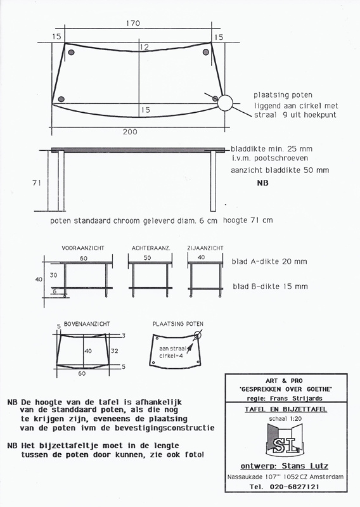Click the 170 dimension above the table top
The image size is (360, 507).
[x=133, y=23]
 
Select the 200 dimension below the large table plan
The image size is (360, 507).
[x=130, y=132]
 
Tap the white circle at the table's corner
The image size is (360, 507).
[x=225, y=103]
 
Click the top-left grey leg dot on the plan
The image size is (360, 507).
[x=71, y=52]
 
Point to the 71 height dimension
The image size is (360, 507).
[x=37, y=183]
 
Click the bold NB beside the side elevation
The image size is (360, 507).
[x=262, y=183]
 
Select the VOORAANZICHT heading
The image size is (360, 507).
[x=83, y=248]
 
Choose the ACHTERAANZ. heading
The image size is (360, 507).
[x=151, y=248]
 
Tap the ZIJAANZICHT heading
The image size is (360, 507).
[x=205, y=248]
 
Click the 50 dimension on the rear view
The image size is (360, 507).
[x=147, y=258]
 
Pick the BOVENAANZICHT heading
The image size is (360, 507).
[x=87, y=324]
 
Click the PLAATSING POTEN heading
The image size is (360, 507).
[x=178, y=324]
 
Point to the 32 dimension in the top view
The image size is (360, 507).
[x=114, y=351]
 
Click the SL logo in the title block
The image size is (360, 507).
[x=285, y=440]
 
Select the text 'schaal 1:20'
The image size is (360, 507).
[x=285, y=419]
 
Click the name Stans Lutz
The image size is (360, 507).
[x=305, y=466]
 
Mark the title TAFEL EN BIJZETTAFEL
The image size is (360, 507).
[x=286, y=409]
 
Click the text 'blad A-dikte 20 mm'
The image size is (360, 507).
[x=269, y=262]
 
